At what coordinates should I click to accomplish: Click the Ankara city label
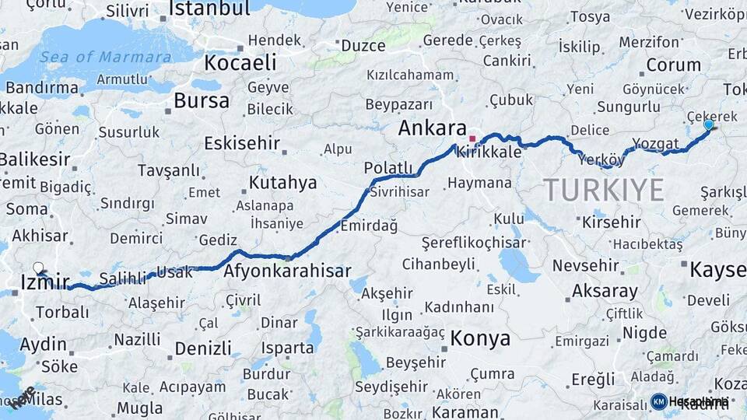[432, 128]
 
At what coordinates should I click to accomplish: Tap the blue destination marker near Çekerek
[708, 124]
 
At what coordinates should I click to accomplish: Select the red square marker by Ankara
[472, 138]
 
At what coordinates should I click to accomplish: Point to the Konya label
[480, 338]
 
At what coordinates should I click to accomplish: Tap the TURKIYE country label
[604, 190]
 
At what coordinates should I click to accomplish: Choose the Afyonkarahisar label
[287, 272]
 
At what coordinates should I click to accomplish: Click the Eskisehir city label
[241, 143]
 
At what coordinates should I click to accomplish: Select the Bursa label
[202, 101]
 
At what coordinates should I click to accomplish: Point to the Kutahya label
[282, 183]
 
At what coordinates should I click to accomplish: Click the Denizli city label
[203, 348]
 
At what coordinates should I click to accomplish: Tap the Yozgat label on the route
[655, 144]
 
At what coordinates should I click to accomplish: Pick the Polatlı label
[388, 168]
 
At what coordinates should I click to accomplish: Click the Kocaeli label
[240, 62]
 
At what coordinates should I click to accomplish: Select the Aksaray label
[605, 291]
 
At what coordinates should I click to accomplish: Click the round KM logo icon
[658, 401]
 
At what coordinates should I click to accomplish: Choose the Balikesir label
[33, 159]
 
